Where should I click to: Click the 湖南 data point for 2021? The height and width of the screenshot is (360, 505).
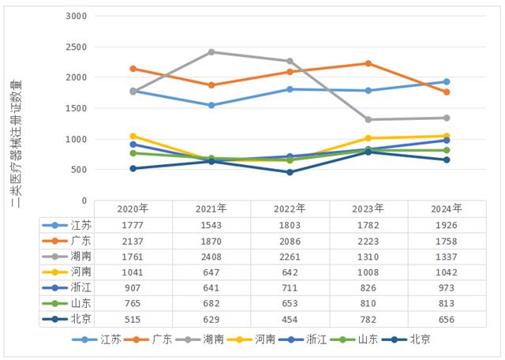point(211,52)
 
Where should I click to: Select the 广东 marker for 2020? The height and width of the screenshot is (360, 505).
point(133,69)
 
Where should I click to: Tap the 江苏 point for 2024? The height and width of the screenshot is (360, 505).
point(446,82)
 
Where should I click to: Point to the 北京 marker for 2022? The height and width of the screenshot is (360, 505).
point(290,172)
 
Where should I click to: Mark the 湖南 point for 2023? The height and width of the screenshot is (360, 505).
point(368,120)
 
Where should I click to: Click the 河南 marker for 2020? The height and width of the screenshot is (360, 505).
point(133,137)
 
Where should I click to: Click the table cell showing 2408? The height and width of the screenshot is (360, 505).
point(211,256)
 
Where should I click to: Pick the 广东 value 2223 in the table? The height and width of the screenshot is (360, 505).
point(368,240)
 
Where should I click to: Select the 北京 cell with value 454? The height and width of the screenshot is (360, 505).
point(290,319)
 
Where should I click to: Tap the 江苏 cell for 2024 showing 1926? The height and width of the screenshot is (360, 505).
point(446,224)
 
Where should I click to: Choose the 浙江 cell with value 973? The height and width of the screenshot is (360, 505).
point(446,287)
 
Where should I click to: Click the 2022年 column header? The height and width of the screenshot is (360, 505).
point(290,208)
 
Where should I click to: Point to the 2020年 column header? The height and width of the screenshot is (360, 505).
point(133,208)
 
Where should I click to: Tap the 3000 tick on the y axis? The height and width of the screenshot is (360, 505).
point(77,16)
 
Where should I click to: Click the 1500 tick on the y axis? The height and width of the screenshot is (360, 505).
point(77,108)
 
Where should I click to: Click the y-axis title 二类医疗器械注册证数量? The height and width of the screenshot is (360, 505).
point(16,142)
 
